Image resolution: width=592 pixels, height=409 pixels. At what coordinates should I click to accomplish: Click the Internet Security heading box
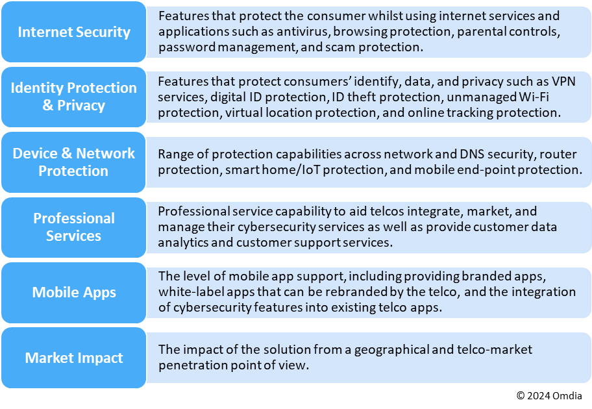click(73, 32)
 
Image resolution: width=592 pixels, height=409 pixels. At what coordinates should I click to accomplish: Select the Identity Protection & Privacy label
click(73, 96)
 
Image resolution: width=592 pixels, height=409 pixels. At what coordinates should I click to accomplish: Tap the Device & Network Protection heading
click(73, 162)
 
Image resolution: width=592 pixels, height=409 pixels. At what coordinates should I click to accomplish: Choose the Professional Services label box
click(73, 227)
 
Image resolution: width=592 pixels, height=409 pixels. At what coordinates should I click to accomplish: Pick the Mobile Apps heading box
click(73, 292)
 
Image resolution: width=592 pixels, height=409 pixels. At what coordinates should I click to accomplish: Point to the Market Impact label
click(73, 358)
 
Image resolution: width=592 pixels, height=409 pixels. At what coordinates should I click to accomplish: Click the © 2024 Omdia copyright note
click(549, 395)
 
